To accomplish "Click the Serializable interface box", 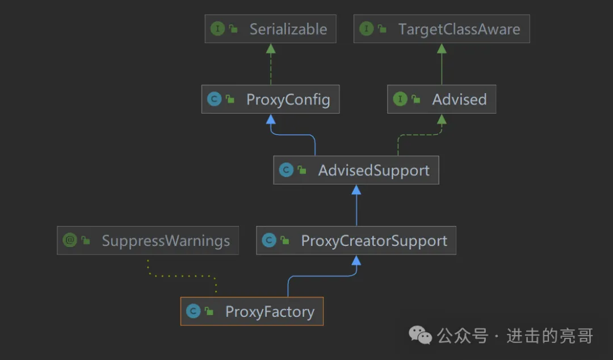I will coord(271,29).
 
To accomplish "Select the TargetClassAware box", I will coord(442,29).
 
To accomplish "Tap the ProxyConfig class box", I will coord(270,99).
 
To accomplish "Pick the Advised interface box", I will coord(442,99).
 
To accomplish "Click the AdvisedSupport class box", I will coord(356,170).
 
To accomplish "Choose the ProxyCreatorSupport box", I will coord(356,241).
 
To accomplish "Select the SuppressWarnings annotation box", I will coord(148,241).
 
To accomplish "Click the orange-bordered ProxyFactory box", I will coord(251,311).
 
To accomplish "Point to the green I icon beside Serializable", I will coord(217,29).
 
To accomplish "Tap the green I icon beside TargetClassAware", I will coord(367,29).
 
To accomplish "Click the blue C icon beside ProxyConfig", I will coord(214,99).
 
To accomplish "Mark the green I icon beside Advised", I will coord(400,99).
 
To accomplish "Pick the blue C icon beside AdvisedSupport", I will coord(286,170).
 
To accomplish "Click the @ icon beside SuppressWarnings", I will coord(70,241).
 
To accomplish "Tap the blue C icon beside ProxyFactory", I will coord(193,311).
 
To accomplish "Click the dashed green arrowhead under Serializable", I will coord(271,48).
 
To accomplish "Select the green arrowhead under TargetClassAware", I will coord(442,48).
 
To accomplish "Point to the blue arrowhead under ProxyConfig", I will coord(271,119).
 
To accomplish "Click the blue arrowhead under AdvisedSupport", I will coord(356,190).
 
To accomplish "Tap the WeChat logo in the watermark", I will coord(421,336).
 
